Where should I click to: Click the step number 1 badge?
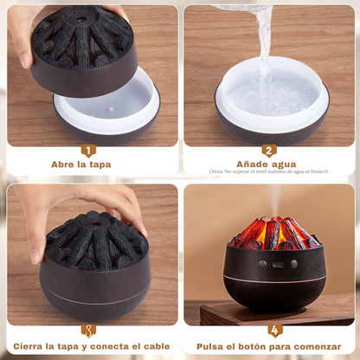(88, 151)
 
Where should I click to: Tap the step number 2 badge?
(269, 151)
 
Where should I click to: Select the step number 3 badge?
(88, 331)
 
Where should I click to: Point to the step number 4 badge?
(275, 331)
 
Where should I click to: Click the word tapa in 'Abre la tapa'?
(100, 165)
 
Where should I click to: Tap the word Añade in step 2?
(251, 164)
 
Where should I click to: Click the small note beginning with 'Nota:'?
(268, 171)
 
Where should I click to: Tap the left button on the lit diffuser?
(262, 263)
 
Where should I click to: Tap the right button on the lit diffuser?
(293, 264)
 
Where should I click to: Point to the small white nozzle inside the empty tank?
(111, 110)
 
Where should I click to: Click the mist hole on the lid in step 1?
(81, 19)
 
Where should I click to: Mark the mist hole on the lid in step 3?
(94, 223)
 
